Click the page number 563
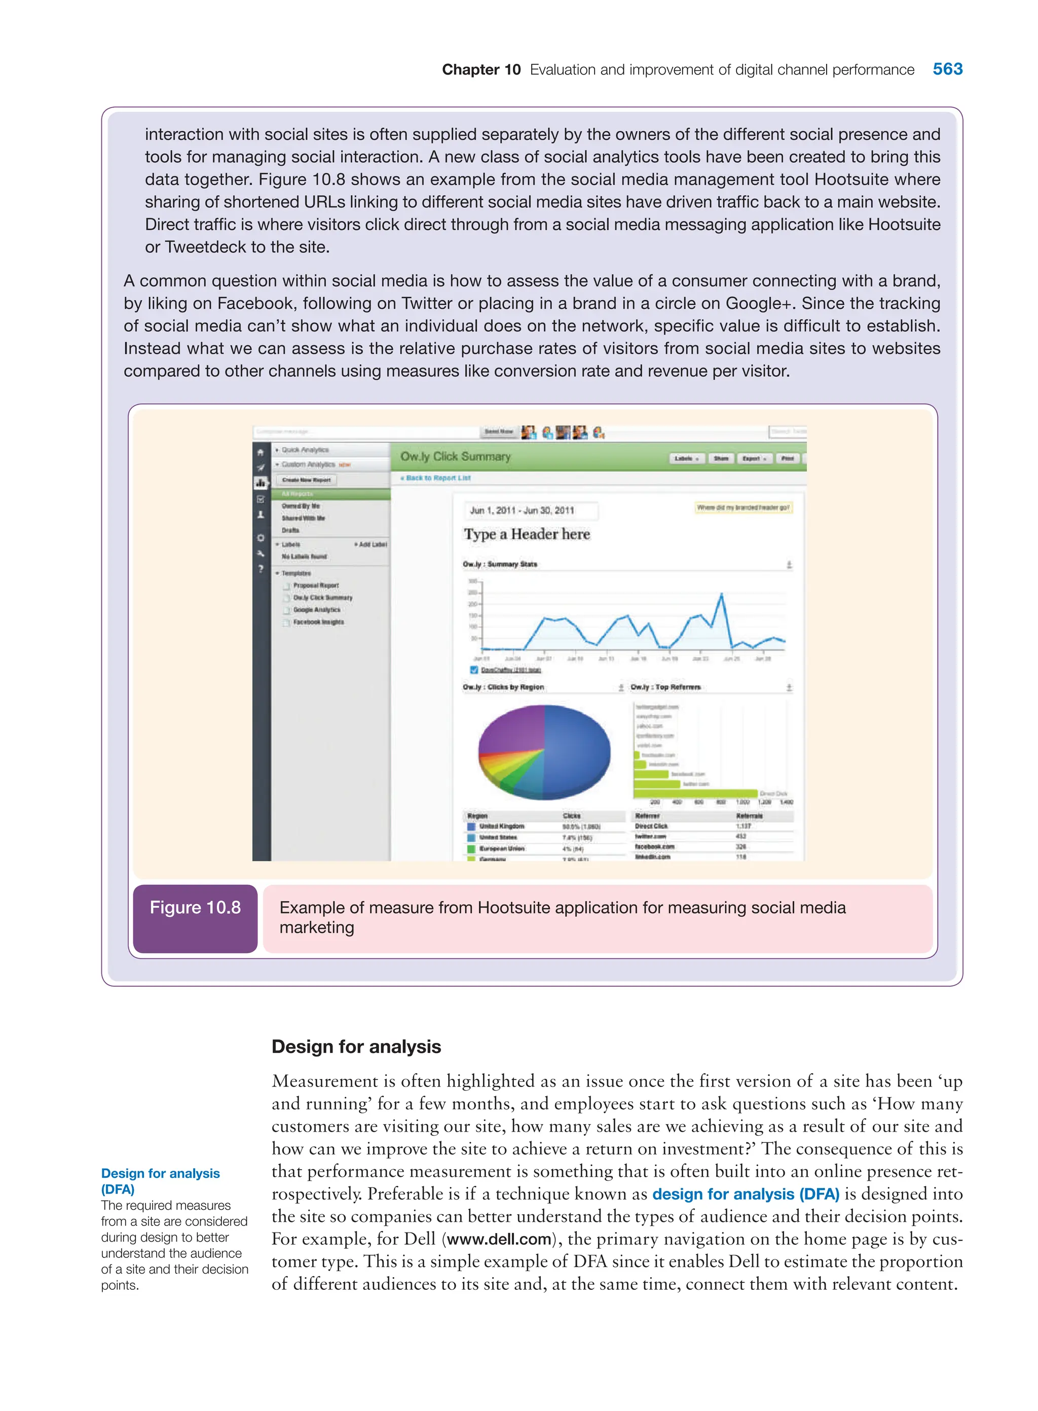click(947, 69)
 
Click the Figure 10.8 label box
click(195, 918)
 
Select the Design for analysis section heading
click(356, 1046)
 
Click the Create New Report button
click(306, 480)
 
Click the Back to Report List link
click(435, 478)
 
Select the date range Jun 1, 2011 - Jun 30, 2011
click(522, 511)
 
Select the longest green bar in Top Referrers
click(694, 793)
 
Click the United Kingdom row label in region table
click(501, 826)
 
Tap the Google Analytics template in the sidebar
click(316, 609)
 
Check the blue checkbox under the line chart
click(474, 669)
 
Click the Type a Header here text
click(527, 534)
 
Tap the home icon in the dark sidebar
click(261, 452)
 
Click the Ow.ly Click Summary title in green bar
click(456, 457)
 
